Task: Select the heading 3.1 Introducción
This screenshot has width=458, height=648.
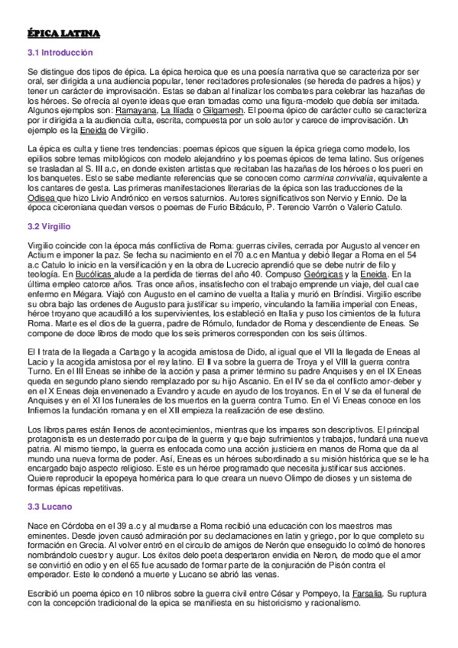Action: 60,53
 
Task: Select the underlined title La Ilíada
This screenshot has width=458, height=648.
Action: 177,111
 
